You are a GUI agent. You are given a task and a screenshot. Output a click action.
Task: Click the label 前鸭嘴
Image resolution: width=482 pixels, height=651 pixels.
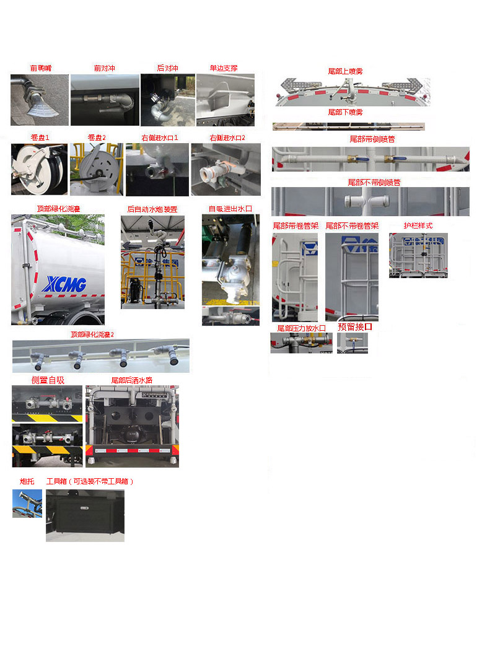point(41,68)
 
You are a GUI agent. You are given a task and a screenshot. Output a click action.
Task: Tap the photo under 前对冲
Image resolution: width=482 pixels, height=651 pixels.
point(104,100)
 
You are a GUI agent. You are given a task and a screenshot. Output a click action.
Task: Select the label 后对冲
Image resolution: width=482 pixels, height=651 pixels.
point(167,68)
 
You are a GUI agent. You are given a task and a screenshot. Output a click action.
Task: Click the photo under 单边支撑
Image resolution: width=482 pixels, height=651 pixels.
point(226,100)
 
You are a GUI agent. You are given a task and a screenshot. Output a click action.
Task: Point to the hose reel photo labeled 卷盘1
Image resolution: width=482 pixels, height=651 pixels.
point(39,169)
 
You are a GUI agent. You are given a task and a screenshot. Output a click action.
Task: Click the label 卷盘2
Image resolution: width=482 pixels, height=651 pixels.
point(97,138)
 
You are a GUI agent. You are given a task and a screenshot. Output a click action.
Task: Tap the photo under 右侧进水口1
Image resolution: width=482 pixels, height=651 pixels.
point(157,170)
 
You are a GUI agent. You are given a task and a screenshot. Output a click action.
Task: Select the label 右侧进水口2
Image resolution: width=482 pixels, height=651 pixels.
point(227,138)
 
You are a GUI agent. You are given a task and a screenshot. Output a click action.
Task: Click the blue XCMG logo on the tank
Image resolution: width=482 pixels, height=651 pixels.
point(64,284)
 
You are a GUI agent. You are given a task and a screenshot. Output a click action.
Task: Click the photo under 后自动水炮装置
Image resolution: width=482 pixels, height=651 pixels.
point(152,262)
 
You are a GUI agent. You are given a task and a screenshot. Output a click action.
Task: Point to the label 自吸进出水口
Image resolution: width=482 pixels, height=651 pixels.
point(230,209)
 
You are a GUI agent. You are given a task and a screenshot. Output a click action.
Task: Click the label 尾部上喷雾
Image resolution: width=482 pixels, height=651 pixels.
point(345,71)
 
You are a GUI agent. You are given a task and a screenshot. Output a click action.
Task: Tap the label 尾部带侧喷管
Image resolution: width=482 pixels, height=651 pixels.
point(372,139)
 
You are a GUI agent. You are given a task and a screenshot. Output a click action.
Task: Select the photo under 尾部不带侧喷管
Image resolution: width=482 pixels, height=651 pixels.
point(370,201)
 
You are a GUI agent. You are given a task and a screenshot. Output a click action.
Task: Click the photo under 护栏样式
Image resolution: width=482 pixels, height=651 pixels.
point(418,255)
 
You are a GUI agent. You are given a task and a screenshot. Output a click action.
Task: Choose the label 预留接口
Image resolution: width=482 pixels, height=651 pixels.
point(355,327)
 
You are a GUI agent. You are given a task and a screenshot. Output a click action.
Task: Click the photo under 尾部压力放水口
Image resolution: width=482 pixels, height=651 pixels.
point(301,343)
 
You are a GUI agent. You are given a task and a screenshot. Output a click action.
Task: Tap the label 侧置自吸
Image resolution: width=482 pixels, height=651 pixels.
point(48,380)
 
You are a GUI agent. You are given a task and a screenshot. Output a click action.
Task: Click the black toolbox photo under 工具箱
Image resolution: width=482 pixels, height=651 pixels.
point(85,515)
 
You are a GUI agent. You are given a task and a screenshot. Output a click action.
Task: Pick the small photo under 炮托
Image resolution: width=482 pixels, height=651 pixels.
point(27,503)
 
